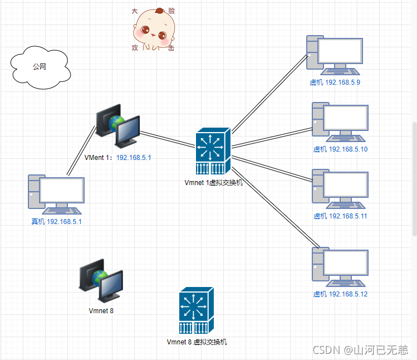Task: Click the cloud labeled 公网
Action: click(x=40, y=68)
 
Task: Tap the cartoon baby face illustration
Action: click(x=154, y=30)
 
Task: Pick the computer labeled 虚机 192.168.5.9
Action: click(x=333, y=56)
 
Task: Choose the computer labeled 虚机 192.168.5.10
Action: click(x=339, y=123)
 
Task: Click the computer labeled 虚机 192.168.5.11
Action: click(x=340, y=189)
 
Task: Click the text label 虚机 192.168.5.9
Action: click(x=335, y=82)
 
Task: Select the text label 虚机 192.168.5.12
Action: click(x=340, y=294)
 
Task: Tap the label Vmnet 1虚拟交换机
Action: click(x=213, y=182)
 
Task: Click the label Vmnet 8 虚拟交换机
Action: click(x=197, y=342)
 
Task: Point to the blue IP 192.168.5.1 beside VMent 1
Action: click(x=134, y=158)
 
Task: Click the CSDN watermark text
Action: click(x=360, y=349)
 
